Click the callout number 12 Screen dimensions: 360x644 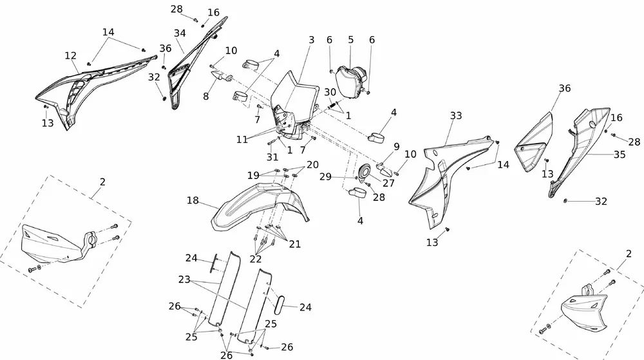pos(71,56)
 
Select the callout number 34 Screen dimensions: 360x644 pos(179,33)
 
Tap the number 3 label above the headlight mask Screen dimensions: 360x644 pos(311,40)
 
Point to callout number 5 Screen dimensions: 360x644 pos(351,40)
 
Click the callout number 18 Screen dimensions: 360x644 pos(193,201)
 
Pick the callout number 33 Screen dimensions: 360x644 pos(456,116)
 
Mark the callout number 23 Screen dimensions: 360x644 pos(185,281)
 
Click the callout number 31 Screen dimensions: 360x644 pos(272,157)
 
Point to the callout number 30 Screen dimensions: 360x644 pos(330,91)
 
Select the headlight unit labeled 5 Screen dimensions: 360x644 pos(352,80)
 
